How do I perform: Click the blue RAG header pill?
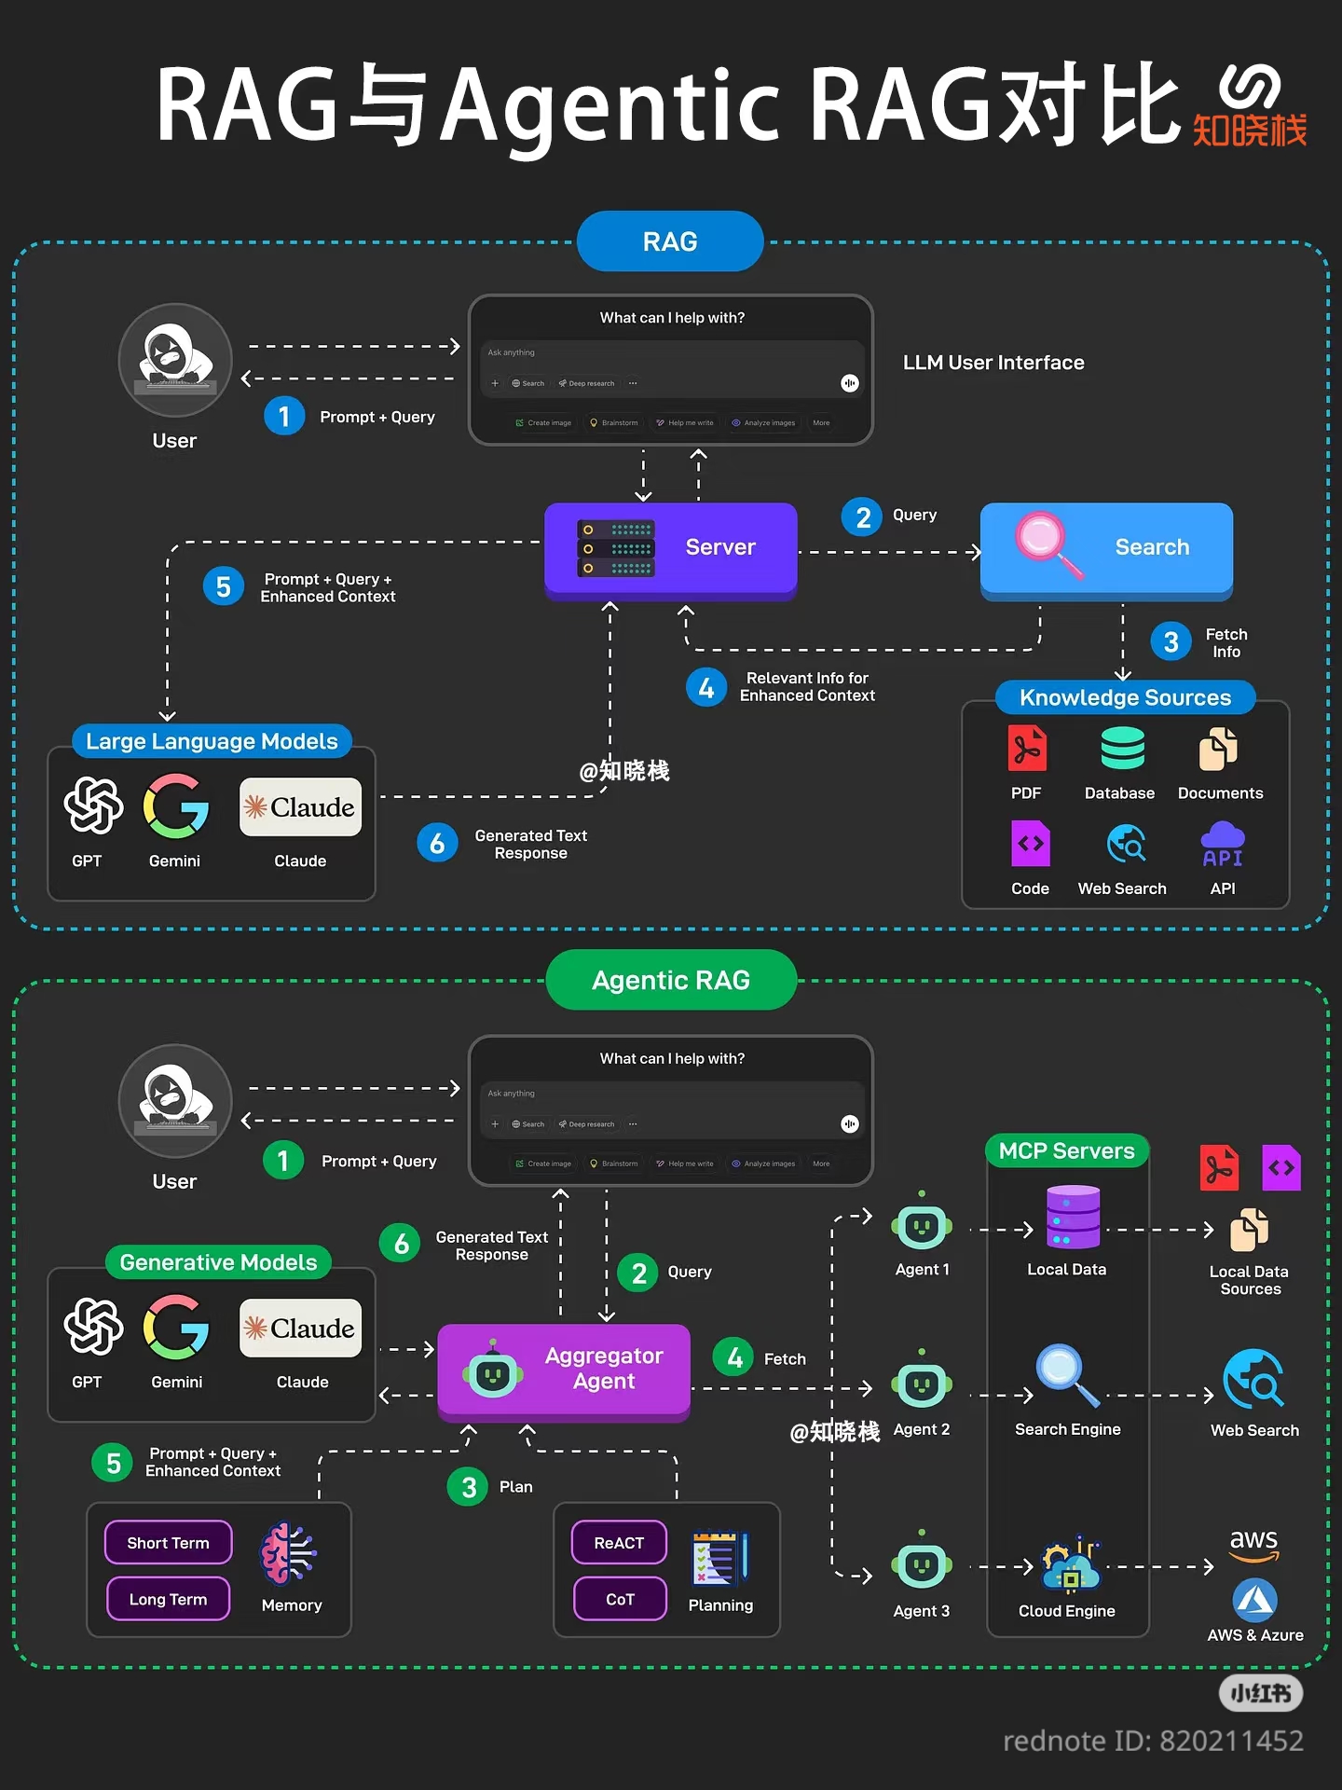[x=670, y=241]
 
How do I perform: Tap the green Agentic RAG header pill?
[x=671, y=980]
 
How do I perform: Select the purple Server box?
[x=671, y=548]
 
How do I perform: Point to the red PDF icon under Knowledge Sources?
[x=1027, y=749]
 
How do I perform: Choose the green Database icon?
[x=1122, y=749]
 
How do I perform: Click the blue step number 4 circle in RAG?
[x=705, y=688]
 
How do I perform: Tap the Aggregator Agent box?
[x=565, y=1369]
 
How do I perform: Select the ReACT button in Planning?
[x=619, y=1543]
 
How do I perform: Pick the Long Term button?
[x=168, y=1599]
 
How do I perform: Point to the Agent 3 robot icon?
[x=921, y=1565]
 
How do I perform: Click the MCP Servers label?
[x=1066, y=1150]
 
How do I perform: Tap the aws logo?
[x=1253, y=1544]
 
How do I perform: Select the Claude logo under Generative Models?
[x=300, y=1328]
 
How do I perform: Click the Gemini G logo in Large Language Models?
[x=175, y=806]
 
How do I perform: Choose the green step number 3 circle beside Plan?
[x=469, y=1487]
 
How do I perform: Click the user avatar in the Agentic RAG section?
[x=174, y=1100]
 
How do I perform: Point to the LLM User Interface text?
[x=993, y=363]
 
